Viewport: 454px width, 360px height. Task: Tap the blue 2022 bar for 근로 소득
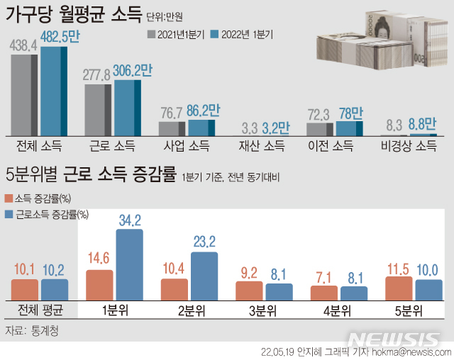pos(128,107)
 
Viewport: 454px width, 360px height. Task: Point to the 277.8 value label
pos(99,74)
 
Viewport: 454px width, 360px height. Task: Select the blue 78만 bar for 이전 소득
pos(348,128)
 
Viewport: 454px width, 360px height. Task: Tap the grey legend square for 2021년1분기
pos(152,33)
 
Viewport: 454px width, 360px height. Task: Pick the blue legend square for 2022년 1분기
pos(216,33)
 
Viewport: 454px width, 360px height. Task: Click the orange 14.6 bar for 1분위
pos(99,285)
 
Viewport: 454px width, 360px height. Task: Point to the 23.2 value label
pos(204,242)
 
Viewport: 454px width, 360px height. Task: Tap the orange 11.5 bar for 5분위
pos(399,288)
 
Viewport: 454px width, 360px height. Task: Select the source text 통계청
pos(45,330)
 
